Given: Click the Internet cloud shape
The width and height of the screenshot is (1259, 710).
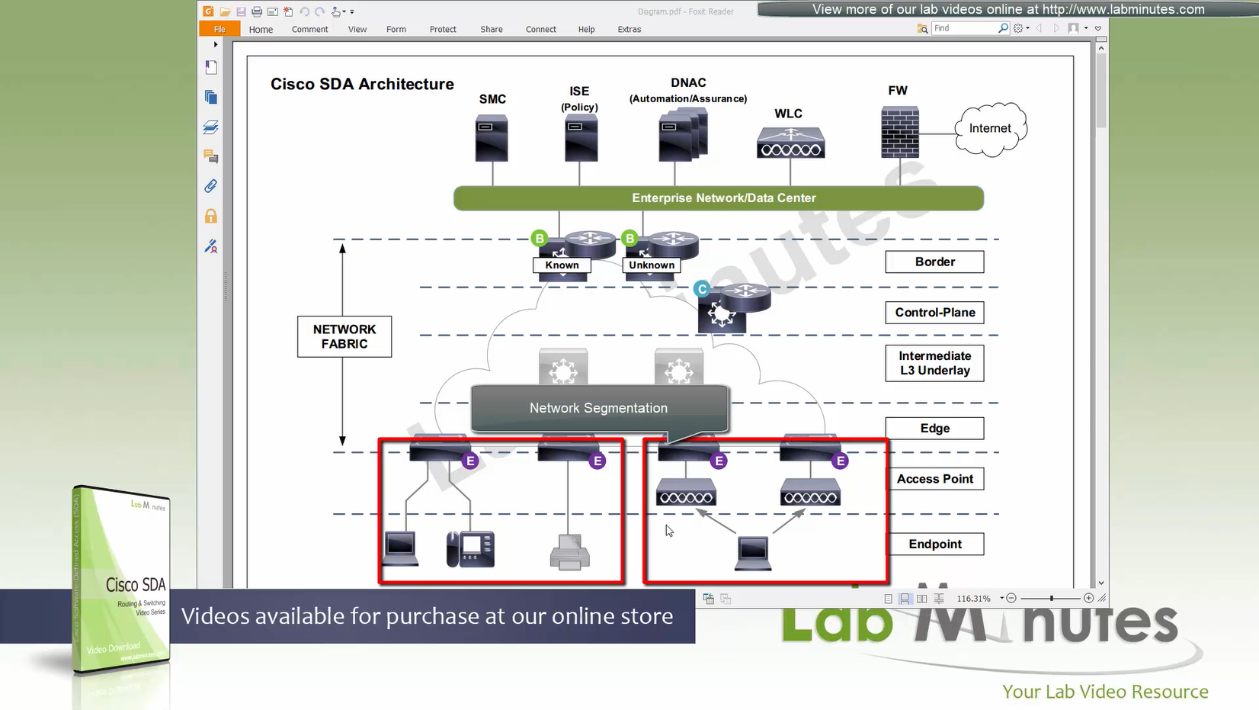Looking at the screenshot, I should (x=991, y=129).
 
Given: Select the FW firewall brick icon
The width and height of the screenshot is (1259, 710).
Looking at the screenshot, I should (x=899, y=132).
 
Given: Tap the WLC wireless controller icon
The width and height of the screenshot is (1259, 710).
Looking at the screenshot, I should (x=790, y=143).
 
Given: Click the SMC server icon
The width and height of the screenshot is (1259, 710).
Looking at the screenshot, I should (x=492, y=137).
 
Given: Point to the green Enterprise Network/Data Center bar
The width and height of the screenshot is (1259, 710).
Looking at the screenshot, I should (x=718, y=198).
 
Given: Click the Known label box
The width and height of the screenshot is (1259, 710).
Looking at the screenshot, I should (x=562, y=265).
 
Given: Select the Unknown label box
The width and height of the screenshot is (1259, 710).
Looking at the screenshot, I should (x=652, y=265).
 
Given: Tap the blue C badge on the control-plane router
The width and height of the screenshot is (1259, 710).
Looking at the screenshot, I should (x=702, y=289).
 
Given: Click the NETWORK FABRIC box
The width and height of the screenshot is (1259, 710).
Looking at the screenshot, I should (x=344, y=336).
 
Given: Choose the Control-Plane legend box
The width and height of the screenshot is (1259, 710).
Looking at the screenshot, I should (x=934, y=313).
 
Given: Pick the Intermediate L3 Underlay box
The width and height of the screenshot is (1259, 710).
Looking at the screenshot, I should (x=934, y=363).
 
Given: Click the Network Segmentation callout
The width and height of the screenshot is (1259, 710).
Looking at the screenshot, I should (x=599, y=408).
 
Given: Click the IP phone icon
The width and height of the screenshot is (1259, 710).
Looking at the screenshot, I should (x=470, y=549).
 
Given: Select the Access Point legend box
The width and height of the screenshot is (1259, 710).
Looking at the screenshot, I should (x=934, y=479).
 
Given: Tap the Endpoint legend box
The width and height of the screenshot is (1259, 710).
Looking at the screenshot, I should (x=934, y=545).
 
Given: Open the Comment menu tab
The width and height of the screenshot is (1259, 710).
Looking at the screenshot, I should (x=309, y=30).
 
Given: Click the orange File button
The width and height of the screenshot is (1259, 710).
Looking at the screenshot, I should (x=219, y=30).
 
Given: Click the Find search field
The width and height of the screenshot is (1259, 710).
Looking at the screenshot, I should (x=965, y=28).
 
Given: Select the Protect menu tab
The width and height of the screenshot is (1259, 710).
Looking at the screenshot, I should (x=443, y=30).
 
